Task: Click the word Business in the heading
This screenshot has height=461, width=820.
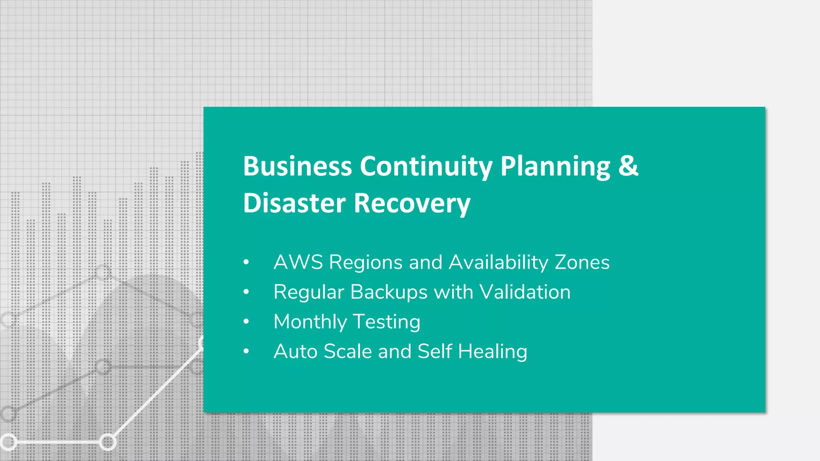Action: click(x=297, y=166)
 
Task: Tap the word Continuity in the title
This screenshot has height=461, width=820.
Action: click(x=426, y=166)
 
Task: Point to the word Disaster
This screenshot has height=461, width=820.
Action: click(x=294, y=203)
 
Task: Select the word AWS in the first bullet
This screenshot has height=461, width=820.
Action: click(x=298, y=263)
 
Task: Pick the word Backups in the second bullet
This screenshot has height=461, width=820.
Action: click(x=389, y=293)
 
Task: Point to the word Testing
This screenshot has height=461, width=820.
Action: click(x=387, y=322)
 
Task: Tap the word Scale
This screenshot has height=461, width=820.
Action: click(x=348, y=351)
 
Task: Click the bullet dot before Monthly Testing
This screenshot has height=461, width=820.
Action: click(x=246, y=322)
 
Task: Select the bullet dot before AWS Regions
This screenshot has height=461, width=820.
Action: click(x=246, y=263)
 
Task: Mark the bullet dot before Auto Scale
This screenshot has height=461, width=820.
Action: click(x=246, y=351)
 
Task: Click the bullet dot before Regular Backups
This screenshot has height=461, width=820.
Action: click(x=246, y=292)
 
